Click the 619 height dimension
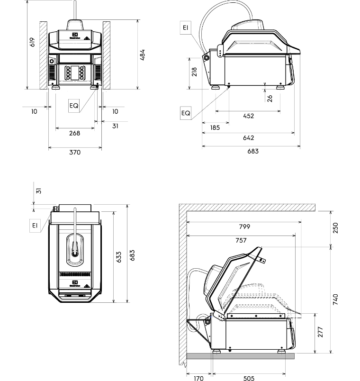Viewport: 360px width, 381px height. (32, 42)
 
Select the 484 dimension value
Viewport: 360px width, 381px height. (143, 55)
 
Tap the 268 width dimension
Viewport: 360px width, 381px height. (74, 133)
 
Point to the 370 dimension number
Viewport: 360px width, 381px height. (75, 153)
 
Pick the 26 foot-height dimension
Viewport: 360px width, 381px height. (270, 98)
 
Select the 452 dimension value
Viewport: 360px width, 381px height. (248, 116)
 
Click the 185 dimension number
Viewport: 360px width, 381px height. (215, 127)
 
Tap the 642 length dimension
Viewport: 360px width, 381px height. (248, 138)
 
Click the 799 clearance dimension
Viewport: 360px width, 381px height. (244, 227)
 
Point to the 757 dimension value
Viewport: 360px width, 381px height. (241, 240)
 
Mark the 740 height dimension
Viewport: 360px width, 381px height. (335, 299)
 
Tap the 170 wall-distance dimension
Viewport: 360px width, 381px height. (199, 378)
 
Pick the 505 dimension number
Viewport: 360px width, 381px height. (249, 378)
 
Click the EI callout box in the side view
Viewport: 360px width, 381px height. (185, 28)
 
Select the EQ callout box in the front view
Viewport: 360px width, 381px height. (74, 106)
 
